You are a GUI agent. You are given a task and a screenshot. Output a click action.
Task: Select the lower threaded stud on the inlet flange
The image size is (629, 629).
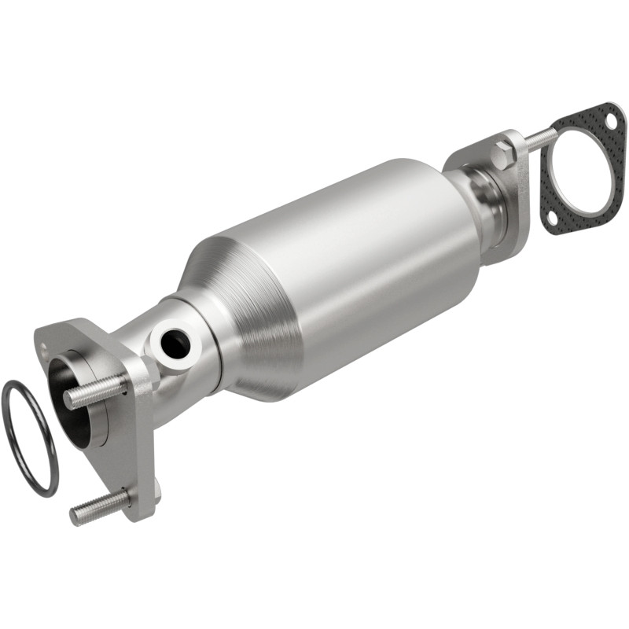pos(99,507)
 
